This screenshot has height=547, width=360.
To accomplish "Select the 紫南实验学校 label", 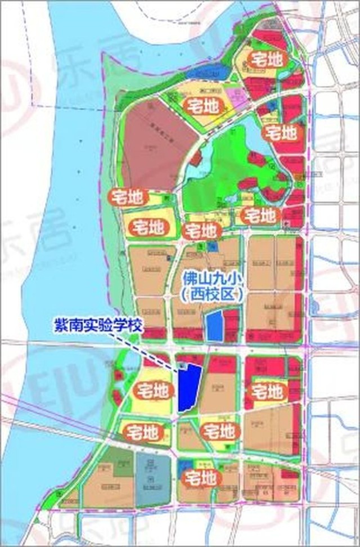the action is (x=99, y=326).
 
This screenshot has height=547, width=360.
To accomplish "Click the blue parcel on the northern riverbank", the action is (x=208, y=73).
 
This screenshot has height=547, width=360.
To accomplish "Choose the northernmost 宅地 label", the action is (x=266, y=60).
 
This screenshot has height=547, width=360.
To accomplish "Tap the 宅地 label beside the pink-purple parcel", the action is (x=201, y=104).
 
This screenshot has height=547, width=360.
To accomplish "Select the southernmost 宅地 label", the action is (x=200, y=479).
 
